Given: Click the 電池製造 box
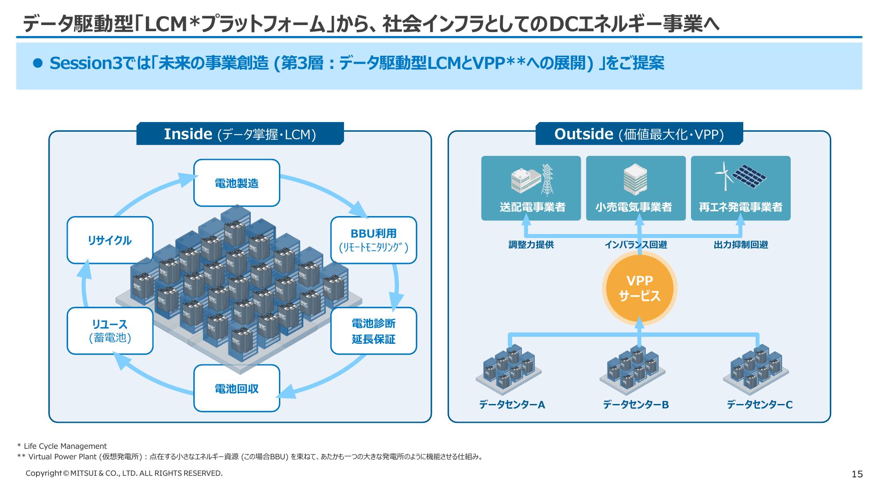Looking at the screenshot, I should (237, 183).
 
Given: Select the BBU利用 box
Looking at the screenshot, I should (373, 240).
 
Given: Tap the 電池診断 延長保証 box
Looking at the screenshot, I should (373, 331).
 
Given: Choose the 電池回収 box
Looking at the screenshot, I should (237, 388).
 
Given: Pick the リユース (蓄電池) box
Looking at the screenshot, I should (110, 331).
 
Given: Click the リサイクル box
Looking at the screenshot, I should (110, 240).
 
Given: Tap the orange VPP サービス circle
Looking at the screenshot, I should (639, 288).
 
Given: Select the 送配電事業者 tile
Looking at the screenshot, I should (531, 188).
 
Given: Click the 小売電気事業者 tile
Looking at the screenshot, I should (636, 188).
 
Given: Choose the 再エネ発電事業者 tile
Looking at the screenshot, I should (741, 188).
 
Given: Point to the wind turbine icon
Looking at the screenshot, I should (723, 176).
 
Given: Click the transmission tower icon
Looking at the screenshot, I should (547, 179).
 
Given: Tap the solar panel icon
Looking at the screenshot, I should (751, 175).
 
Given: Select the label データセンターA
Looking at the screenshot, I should (512, 404).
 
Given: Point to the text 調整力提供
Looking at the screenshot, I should (531, 245).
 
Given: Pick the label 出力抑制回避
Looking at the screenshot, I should (741, 245).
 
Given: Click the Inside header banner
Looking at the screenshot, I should (240, 134).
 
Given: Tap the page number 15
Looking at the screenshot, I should (857, 474).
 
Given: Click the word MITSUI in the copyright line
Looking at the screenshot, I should (83, 473).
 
